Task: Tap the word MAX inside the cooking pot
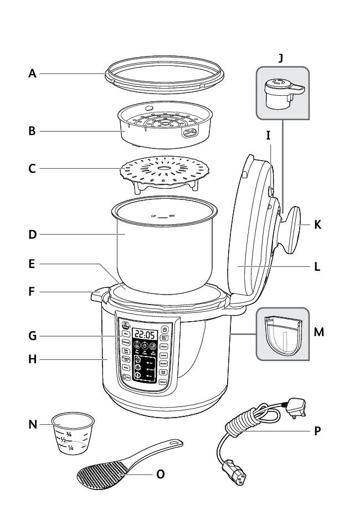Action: coord(173,217)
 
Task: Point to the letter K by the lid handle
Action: coord(317,226)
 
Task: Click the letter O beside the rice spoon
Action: coord(161,475)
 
